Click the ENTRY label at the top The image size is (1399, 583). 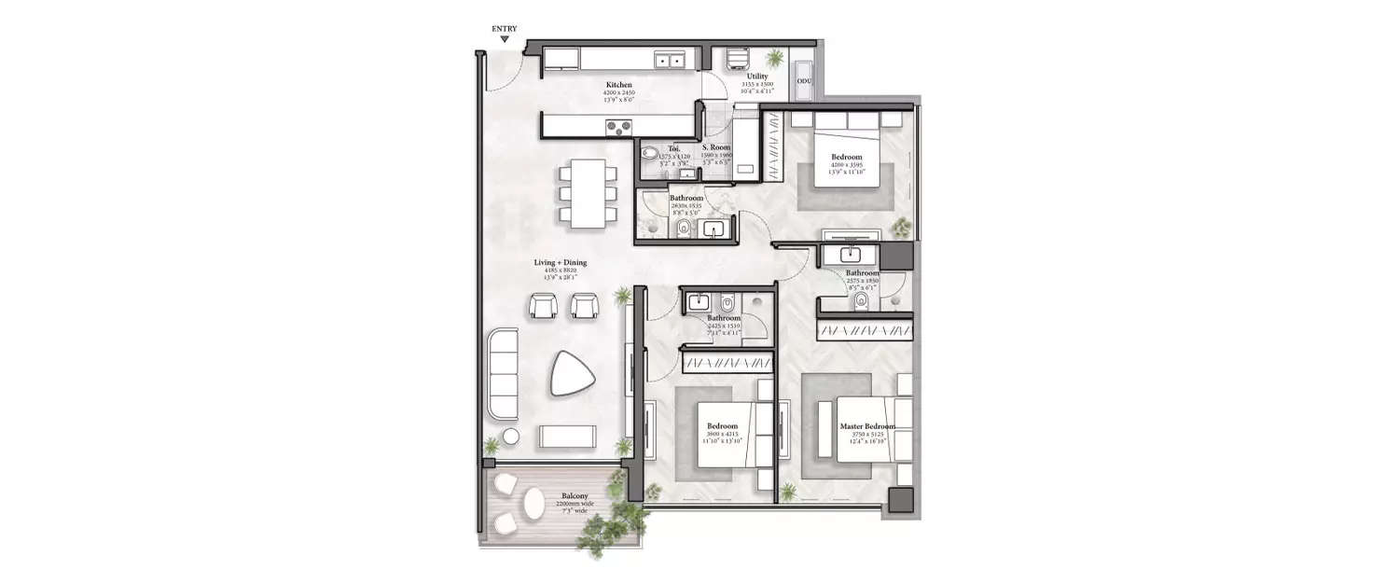click(x=505, y=29)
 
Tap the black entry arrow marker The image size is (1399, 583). click(x=505, y=40)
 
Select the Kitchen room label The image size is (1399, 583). click(x=619, y=85)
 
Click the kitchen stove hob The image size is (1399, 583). click(x=618, y=126)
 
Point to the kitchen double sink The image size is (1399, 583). click(x=669, y=61)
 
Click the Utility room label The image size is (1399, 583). click(x=757, y=76)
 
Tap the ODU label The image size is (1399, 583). click(x=803, y=82)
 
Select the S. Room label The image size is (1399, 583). click(x=716, y=147)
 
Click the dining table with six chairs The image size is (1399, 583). click(x=588, y=193)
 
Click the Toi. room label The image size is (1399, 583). click(x=674, y=147)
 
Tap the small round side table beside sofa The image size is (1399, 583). click(x=511, y=437)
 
